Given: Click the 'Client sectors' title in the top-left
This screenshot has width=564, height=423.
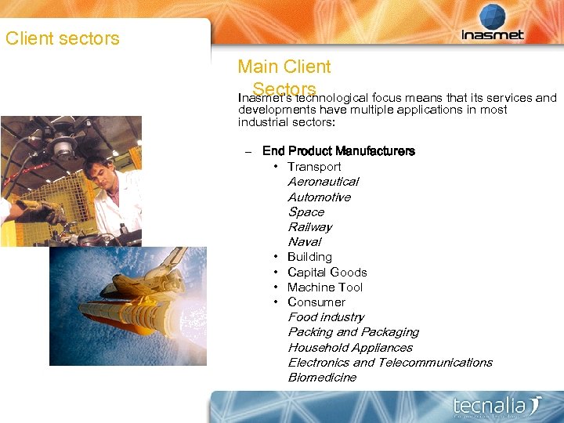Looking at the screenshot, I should coord(63,38).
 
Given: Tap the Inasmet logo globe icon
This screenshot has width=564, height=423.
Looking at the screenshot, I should coord(493,16).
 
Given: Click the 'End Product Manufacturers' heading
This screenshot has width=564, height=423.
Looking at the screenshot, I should coord(338,151).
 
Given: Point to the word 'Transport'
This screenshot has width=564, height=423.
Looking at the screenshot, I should coord(314,167).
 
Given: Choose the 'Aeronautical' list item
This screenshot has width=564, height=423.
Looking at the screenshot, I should coord(323,182).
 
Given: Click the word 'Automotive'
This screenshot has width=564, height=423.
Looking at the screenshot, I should coord(319,197).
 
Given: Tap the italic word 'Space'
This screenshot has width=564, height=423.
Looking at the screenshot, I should coord(305,212).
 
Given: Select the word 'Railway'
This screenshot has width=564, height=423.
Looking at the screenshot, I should coord(309,227).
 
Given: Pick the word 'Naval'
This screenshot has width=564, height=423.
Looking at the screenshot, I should coord(304,242).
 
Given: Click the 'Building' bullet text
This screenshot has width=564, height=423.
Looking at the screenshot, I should coord(309,257).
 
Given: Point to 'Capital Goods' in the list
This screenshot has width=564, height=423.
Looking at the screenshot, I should coord(327,273).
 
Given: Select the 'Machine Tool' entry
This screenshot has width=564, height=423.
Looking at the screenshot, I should coord(325,287).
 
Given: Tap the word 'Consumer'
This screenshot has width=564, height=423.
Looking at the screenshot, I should coord(316,302).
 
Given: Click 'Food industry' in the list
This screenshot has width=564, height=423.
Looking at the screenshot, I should coord(326,317).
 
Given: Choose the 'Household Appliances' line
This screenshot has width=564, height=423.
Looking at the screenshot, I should coord(350,348).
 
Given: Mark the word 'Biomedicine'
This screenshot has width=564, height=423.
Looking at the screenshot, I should coord(322,378).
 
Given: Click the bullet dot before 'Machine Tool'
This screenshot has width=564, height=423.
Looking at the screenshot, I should coord(277,287).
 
